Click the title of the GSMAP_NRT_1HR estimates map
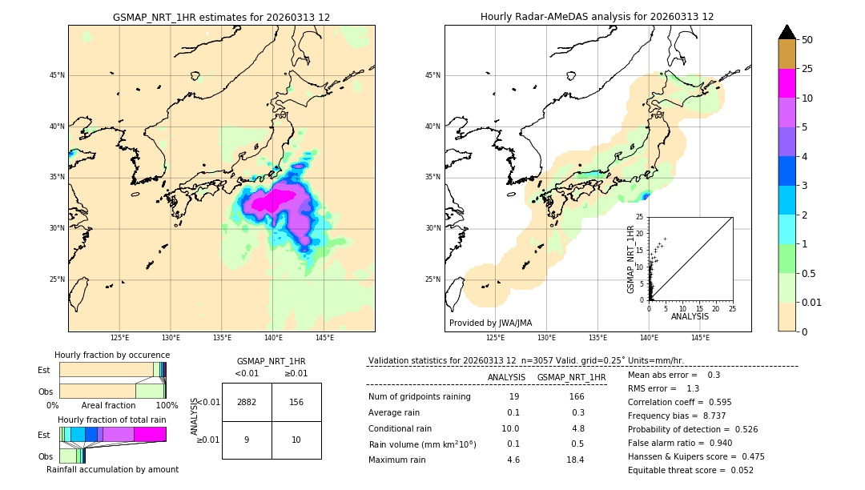221,17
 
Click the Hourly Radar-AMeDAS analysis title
597,17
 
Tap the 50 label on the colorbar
807,40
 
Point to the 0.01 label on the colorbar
812,302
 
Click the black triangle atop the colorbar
787,32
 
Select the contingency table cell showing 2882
247,402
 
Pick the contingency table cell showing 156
296,402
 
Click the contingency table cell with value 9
247,440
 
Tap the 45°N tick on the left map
56,75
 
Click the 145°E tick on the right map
700,338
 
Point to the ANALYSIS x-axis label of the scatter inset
690,316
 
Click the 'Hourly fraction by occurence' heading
112,355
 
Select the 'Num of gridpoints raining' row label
420,397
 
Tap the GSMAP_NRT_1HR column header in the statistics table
571,377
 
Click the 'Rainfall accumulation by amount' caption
112,470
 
